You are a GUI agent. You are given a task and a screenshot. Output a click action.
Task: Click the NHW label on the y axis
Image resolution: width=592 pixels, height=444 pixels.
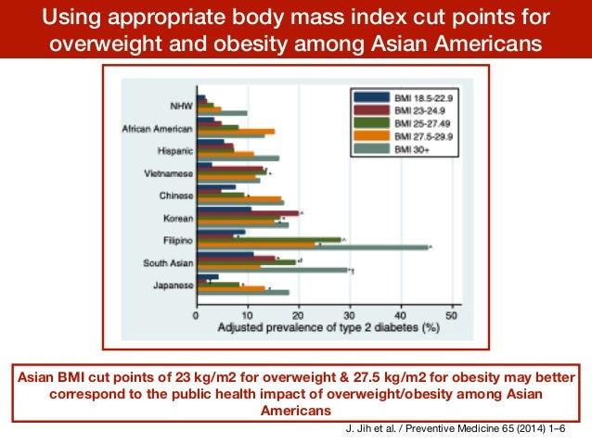[181, 105]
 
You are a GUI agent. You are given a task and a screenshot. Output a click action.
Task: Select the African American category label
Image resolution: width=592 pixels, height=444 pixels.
[157, 128]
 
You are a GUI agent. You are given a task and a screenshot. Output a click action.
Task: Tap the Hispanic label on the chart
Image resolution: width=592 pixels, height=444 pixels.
[175, 150]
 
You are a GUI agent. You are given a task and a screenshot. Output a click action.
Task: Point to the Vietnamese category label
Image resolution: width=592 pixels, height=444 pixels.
[170, 172]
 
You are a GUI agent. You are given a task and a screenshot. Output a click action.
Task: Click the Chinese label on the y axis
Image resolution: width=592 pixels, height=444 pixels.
[175, 196]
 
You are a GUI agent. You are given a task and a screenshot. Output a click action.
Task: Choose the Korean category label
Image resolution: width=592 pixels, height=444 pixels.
[176, 218]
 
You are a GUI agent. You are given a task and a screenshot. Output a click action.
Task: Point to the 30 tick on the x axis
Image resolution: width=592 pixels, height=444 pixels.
[349, 314]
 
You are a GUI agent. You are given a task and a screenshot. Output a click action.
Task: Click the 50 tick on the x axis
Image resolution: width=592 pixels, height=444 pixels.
[452, 314]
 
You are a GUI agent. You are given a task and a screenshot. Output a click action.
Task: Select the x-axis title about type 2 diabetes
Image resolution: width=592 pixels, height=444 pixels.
[327, 328]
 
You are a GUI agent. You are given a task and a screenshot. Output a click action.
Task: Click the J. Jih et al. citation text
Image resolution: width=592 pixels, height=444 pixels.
[453, 430]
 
